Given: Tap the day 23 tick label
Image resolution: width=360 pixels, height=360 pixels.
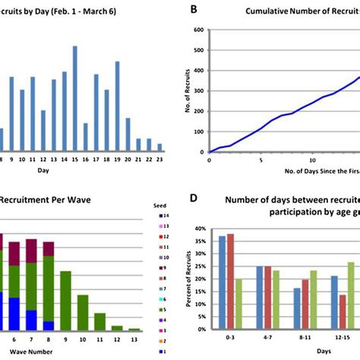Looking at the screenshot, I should (159, 160).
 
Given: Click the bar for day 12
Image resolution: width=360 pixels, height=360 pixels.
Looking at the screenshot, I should (43, 131).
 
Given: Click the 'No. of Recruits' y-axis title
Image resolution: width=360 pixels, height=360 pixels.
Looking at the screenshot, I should (190, 91).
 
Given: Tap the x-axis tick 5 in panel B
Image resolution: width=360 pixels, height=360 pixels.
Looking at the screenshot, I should (261, 160).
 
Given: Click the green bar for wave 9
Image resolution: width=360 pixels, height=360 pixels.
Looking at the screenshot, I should (65, 300).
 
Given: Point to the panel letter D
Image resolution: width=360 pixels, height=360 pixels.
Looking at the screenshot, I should (193, 200).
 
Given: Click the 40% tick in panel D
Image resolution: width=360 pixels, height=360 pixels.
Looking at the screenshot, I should (199, 228).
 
